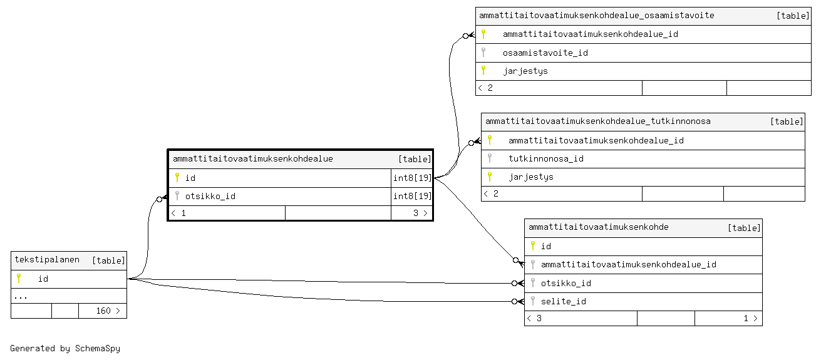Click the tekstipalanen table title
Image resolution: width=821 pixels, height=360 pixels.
coord(47,260)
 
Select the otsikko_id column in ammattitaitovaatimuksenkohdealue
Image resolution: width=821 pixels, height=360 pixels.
coord(210,197)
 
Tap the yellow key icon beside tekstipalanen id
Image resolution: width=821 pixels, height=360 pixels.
coord(19,278)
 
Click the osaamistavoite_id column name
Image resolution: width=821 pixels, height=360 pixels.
coord(545,53)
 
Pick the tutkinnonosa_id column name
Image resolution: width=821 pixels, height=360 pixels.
coord(545,159)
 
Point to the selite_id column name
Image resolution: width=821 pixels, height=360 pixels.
coord(564,301)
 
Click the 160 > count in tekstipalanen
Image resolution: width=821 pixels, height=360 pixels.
coord(108,311)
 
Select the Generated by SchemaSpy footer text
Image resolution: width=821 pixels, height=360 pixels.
coord(65,348)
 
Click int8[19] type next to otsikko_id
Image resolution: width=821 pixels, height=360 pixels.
coord(412,196)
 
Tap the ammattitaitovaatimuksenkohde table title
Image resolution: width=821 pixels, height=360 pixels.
coord(598,227)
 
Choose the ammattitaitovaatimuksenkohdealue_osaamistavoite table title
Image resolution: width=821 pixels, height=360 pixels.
coord(596,16)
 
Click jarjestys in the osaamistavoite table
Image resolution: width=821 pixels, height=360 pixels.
coord(525,71)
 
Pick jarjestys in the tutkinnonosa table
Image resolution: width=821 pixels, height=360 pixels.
coord(531,177)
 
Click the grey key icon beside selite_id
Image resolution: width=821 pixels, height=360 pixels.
coord(533,301)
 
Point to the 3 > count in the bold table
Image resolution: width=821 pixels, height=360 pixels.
coord(420,213)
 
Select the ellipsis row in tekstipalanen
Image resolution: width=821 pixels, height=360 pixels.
coord(21,297)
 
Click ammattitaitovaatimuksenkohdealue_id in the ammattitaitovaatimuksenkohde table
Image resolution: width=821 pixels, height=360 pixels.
coord(628,265)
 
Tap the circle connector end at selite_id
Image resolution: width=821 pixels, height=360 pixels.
coord(515,301)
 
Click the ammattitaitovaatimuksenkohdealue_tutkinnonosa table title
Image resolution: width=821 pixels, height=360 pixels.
coord(598,121)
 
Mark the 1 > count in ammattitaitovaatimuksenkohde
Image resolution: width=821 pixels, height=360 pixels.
coord(750,318)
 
